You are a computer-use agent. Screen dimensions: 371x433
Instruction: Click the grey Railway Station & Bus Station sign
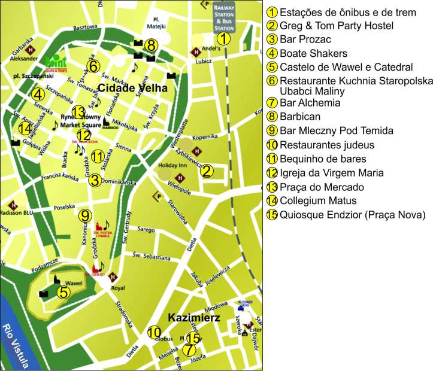tap(223, 16)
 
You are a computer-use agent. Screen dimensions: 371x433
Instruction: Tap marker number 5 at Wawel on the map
tap(62, 292)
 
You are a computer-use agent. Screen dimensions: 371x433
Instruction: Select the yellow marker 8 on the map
tap(151, 45)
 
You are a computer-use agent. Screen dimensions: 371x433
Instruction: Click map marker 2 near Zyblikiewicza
tap(207, 171)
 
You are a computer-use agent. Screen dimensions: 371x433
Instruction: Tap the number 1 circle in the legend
tap(273, 11)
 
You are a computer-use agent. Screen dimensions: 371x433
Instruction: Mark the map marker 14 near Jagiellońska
tap(25, 128)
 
